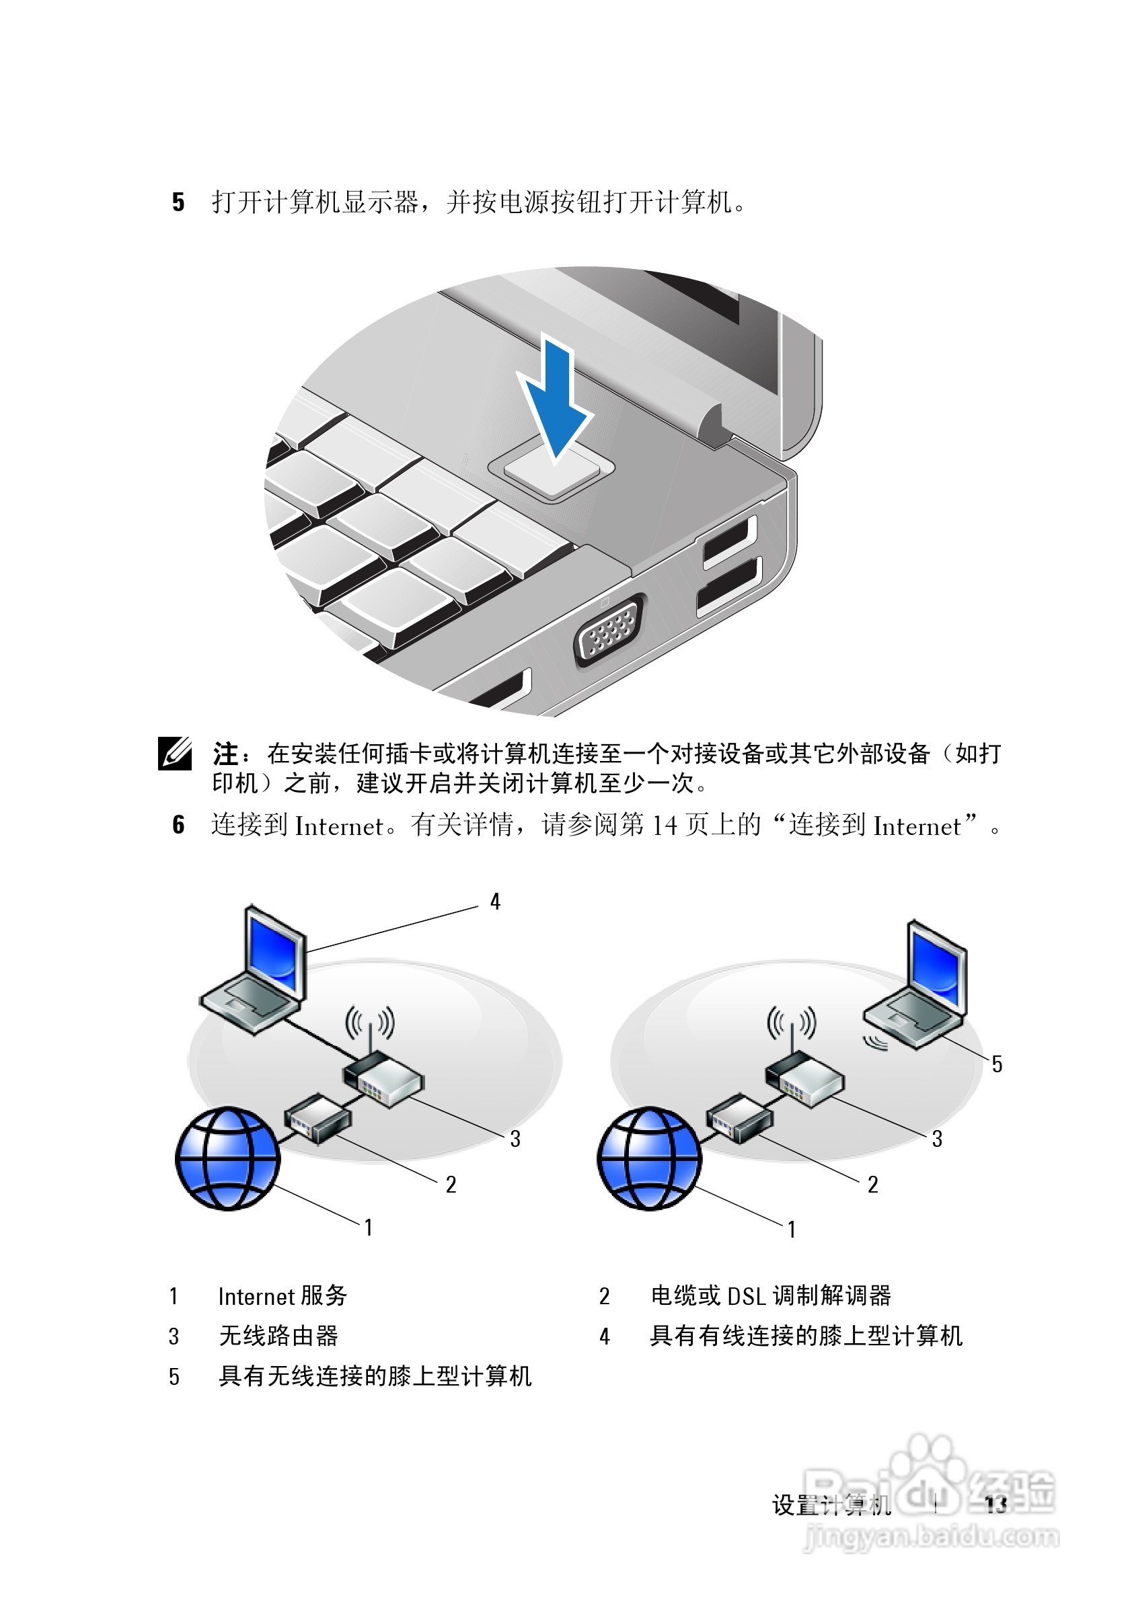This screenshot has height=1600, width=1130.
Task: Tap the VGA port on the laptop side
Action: coord(608,633)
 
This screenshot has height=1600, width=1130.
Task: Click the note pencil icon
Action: coord(175,754)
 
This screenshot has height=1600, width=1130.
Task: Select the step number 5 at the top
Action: coord(178,202)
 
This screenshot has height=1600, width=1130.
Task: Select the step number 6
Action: coord(178,825)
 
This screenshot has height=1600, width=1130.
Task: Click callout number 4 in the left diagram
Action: coord(495,902)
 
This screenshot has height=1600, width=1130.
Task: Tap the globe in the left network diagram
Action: coord(227,1158)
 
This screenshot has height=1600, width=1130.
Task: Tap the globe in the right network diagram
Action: coord(649,1158)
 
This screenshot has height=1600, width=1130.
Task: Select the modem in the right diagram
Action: coord(740,1118)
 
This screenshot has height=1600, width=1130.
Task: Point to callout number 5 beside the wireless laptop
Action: coord(997,1064)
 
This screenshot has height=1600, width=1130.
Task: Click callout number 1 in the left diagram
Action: coord(369,1227)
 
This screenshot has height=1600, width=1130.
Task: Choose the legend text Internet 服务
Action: coord(282,1296)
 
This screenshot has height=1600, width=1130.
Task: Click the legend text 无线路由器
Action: coord(278,1336)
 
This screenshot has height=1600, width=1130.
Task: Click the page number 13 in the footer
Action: coord(996,1505)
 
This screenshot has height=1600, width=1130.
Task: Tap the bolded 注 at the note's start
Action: coord(226,754)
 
